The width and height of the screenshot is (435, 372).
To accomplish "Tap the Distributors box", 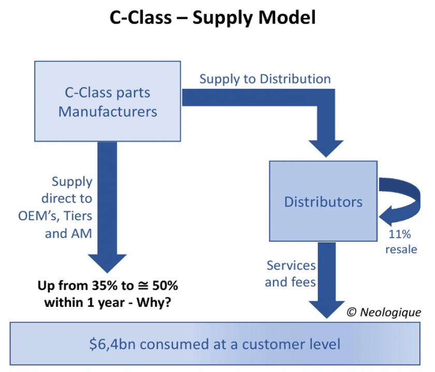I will [x=323, y=201].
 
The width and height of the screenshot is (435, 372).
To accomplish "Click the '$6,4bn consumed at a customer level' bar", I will [x=214, y=343].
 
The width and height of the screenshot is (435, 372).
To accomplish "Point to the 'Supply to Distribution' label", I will [x=265, y=79].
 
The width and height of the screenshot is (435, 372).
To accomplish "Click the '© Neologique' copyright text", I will [x=384, y=312].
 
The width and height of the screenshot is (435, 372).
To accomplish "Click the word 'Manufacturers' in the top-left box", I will [x=108, y=111].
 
